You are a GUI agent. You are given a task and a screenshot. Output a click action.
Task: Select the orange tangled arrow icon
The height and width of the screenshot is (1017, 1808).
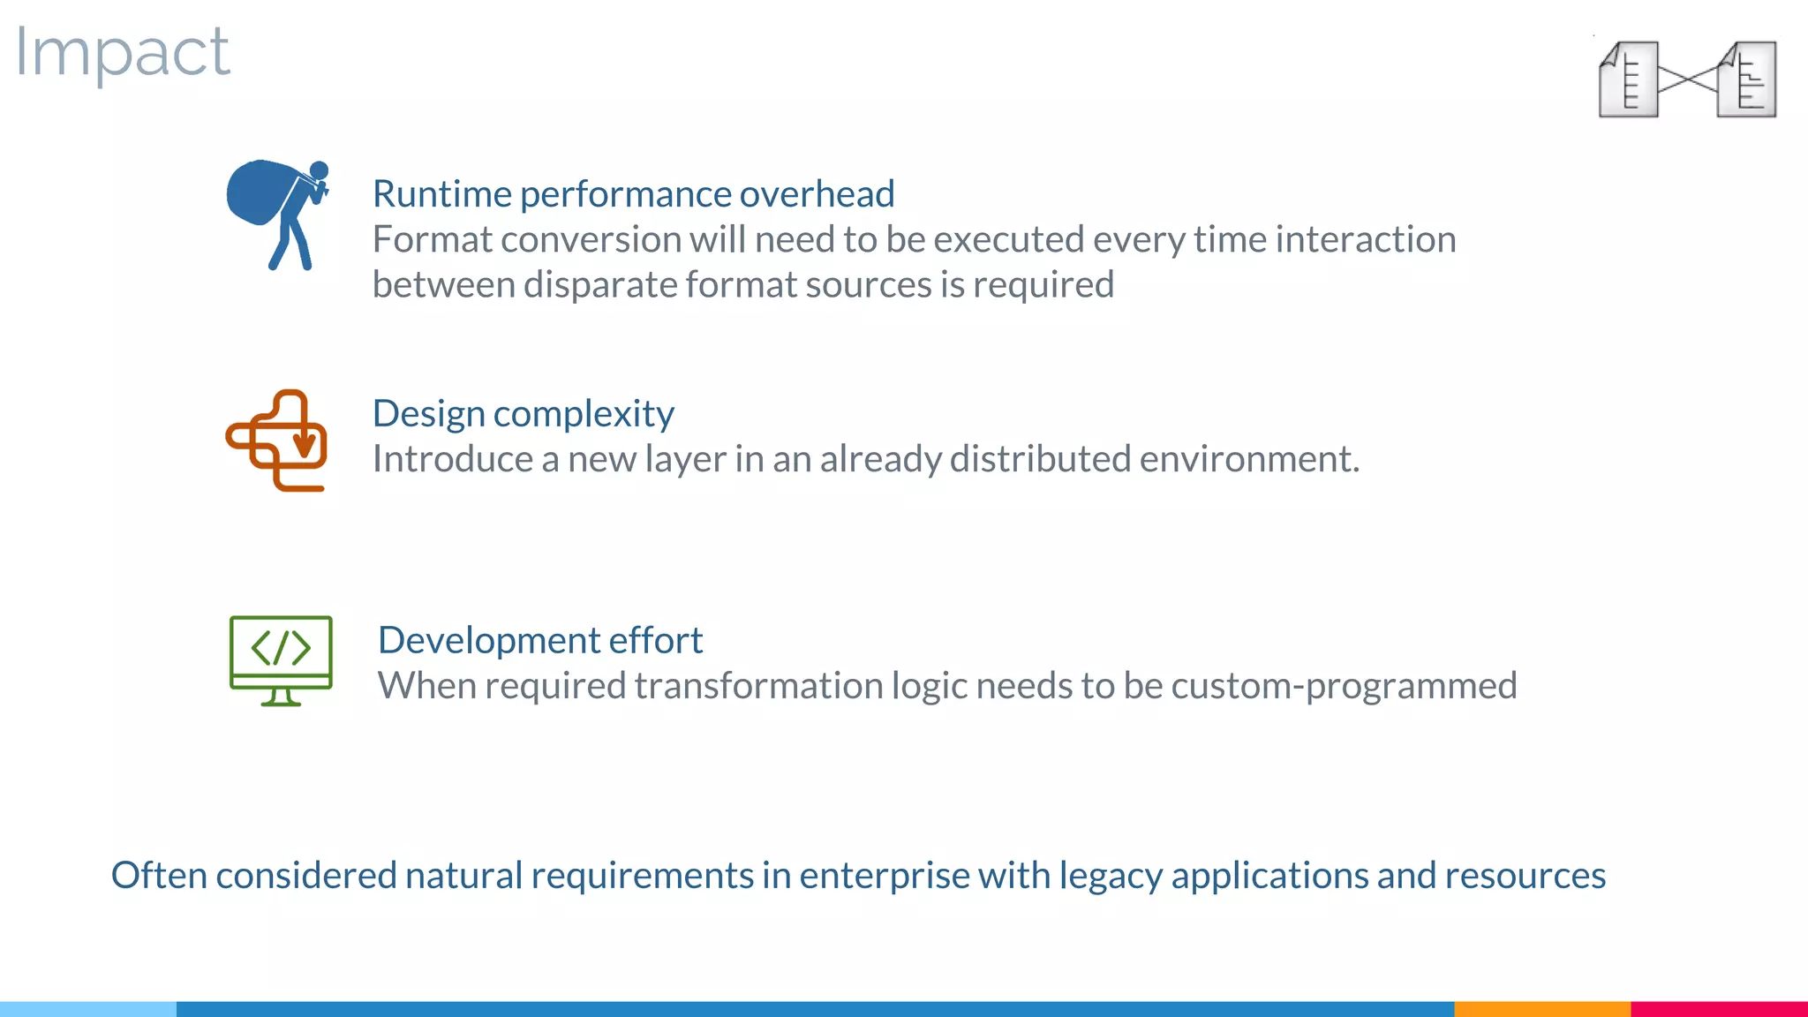click(x=277, y=440)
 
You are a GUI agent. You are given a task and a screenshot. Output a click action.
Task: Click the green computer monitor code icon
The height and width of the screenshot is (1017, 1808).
click(x=281, y=659)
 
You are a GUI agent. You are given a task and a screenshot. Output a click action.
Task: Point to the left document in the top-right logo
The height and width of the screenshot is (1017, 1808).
click(x=1628, y=79)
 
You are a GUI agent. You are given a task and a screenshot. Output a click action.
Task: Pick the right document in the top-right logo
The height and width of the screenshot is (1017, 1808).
click(x=1747, y=79)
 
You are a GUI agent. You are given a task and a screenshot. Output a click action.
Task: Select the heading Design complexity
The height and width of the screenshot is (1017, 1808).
click(x=523, y=414)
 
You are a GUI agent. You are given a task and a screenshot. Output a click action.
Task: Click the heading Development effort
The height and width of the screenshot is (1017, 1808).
click(x=539, y=640)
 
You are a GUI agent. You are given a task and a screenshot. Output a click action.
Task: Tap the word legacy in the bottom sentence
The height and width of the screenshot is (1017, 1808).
click(x=1111, y=876)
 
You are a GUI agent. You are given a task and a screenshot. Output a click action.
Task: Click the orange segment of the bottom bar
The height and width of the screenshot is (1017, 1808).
click(x=1541, y=1008)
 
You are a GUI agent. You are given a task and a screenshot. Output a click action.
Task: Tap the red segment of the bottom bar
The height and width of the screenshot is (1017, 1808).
click(x=1719, y=1008)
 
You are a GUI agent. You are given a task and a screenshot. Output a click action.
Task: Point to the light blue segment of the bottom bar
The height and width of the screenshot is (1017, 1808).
click(x=88, y=1008)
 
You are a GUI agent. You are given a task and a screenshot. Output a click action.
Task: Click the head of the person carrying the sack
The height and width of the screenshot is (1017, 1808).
click(x=319, y=170)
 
